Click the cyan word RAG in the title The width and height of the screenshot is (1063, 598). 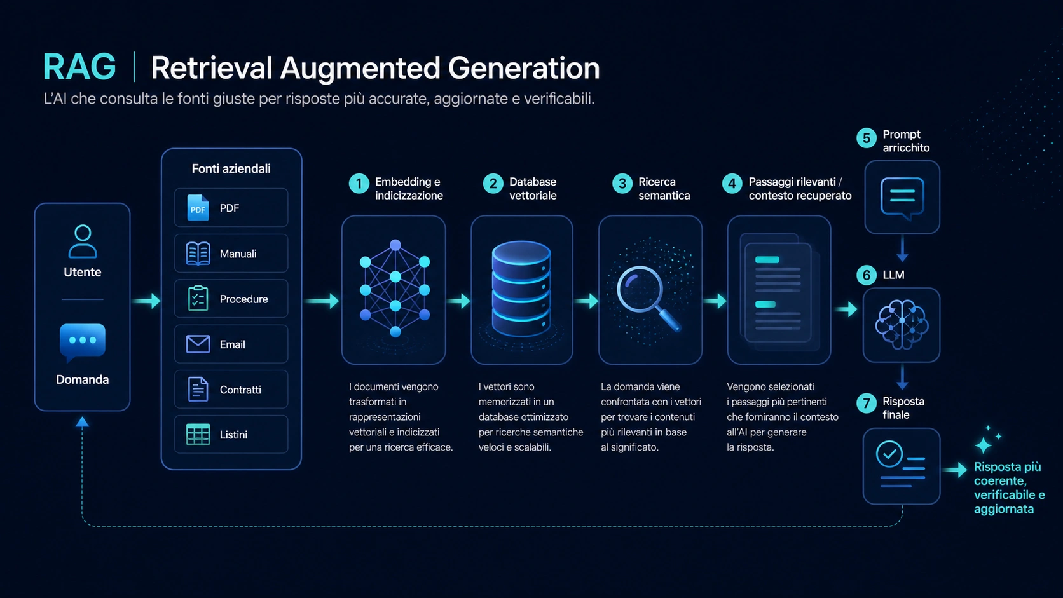pos(79,67)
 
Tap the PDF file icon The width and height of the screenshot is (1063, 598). pos(198,208)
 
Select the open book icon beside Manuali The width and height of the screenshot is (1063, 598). pos(198,253)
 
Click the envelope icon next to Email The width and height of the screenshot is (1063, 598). pos(198,344)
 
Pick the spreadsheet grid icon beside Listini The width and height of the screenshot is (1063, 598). pos(198,435)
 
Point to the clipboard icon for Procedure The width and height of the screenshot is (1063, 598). pos(198,298)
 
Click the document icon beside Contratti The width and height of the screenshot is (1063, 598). pos(198,390)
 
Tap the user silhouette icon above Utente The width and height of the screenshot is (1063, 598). pos(83,241)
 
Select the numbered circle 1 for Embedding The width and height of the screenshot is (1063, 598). pos(359,184)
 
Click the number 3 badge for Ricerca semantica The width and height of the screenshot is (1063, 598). pos(622,184)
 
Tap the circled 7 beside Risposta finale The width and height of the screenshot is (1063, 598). pos(866,404)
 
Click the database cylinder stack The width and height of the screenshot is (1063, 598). pos(521,289)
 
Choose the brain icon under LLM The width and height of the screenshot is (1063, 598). pos(902,325)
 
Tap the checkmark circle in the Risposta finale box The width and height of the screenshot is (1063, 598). pos(889,454)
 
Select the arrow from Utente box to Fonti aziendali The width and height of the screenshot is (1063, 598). pos(146,301)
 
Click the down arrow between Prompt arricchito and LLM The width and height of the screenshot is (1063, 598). pos(902,249)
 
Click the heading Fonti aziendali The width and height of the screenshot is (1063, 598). pos(231,169)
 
